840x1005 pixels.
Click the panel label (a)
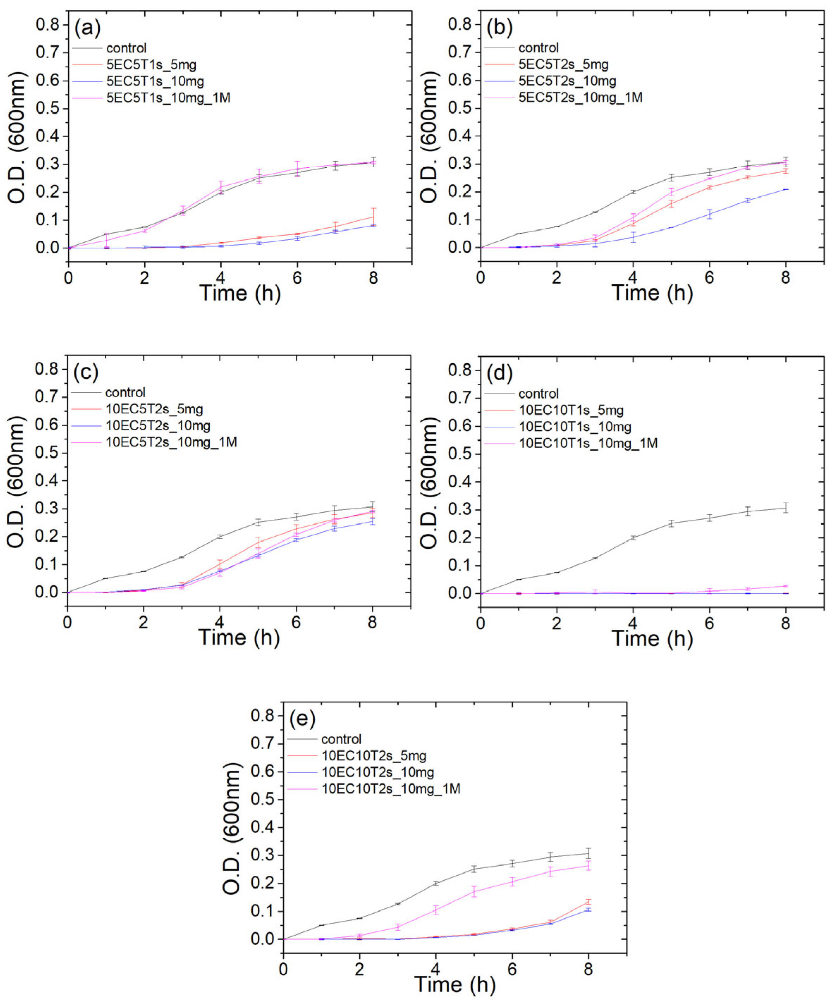tap(87, 29)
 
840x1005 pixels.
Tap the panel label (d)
tap(500, 374)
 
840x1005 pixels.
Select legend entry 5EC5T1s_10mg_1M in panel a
tap(168, 98)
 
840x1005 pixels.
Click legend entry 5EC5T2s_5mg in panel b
tap(563, 64)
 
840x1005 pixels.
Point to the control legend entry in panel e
tap(341, 739)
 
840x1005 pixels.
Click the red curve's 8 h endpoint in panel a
tap(373, 217)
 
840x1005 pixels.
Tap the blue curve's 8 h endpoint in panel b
tap(785, 190)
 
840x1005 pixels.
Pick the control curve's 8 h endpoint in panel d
tap(785, 508)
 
